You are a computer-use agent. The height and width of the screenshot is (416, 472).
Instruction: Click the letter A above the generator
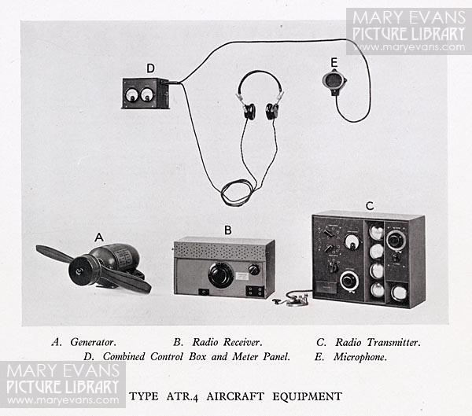coord(99,237)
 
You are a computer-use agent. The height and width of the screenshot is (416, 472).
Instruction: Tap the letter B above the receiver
coord(228,230)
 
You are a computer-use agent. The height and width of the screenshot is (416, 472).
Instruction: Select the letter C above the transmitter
coord(370,206)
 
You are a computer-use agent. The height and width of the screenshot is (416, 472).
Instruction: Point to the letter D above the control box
coord(150,68)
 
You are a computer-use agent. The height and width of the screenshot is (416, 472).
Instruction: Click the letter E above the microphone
coord(334,63)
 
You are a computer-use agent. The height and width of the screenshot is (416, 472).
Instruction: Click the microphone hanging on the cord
coord(334,81)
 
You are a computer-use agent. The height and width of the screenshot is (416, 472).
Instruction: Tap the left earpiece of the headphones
coord(249,111)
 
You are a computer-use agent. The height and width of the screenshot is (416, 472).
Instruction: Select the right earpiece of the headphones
coord(272,111)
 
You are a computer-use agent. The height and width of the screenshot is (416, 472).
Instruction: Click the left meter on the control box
coord(131,95)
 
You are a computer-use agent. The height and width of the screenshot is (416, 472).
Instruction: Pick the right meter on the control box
coord(147,95)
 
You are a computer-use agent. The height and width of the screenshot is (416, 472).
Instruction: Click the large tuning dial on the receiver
coord(220,274)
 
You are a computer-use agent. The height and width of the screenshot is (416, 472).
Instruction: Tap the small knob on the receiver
coord(254,270)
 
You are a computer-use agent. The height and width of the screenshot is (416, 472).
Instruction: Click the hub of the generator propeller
coord(79,271)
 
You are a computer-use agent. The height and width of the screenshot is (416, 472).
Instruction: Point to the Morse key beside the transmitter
coord(289,300)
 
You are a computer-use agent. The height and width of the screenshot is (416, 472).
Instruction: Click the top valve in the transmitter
coord(376,232)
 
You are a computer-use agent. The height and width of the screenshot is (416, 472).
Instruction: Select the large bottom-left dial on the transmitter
coord(349,281)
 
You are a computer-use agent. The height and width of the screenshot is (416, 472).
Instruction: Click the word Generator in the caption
coord(93,342)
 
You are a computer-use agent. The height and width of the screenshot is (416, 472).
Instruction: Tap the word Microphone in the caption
coord(360,357)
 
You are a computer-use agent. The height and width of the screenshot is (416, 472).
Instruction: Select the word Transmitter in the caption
coord(394,342)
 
